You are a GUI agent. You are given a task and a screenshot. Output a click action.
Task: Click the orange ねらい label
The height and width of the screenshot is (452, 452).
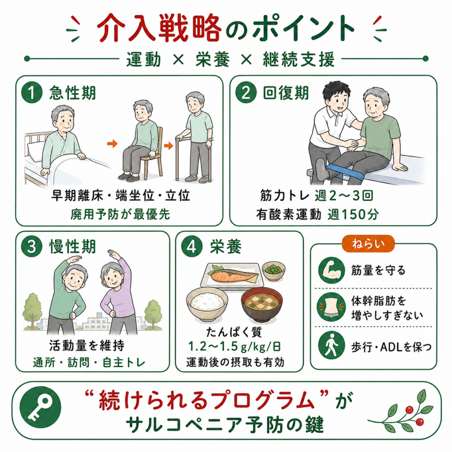tap(368, 244)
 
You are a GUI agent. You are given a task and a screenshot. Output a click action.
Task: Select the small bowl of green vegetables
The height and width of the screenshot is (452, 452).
tap(274, 271)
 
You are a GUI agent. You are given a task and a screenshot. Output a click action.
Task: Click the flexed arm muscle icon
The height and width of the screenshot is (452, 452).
tap(331, 271)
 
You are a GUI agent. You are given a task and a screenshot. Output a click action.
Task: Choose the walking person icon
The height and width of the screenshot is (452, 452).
tap(331, 345)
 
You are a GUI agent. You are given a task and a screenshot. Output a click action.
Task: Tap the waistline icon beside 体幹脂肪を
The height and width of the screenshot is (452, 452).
tap(331, 307)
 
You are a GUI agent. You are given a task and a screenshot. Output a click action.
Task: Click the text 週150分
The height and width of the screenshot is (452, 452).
tap(353, 215)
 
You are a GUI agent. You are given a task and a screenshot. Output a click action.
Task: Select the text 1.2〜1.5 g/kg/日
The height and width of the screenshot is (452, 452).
tap(234, 347)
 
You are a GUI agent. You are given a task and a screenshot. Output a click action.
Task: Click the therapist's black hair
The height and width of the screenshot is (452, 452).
tap(335, 90)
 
